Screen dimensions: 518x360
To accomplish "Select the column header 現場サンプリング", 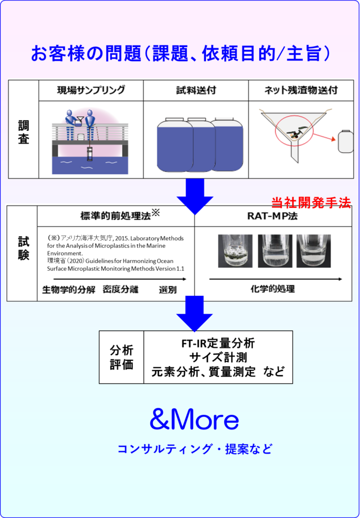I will (x=91, y=91).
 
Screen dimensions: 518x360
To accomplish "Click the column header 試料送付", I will (x=196, y=91).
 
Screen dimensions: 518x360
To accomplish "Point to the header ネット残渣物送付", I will (x=301, y=91).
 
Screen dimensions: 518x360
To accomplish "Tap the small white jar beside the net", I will (x=345, y=141).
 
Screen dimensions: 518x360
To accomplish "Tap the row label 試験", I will (x=23, y=248).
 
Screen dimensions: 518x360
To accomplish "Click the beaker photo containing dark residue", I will (x=235, y=250).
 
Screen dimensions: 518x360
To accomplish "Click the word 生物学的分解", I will (x=68, y=289).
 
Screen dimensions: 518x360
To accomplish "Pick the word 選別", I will (x=167, y=289).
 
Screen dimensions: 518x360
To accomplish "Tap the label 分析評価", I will (x=122, y=357).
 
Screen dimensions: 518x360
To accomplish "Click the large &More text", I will (x=194, y=420).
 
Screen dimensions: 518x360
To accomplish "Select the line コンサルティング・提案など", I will (x=194, y=448).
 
